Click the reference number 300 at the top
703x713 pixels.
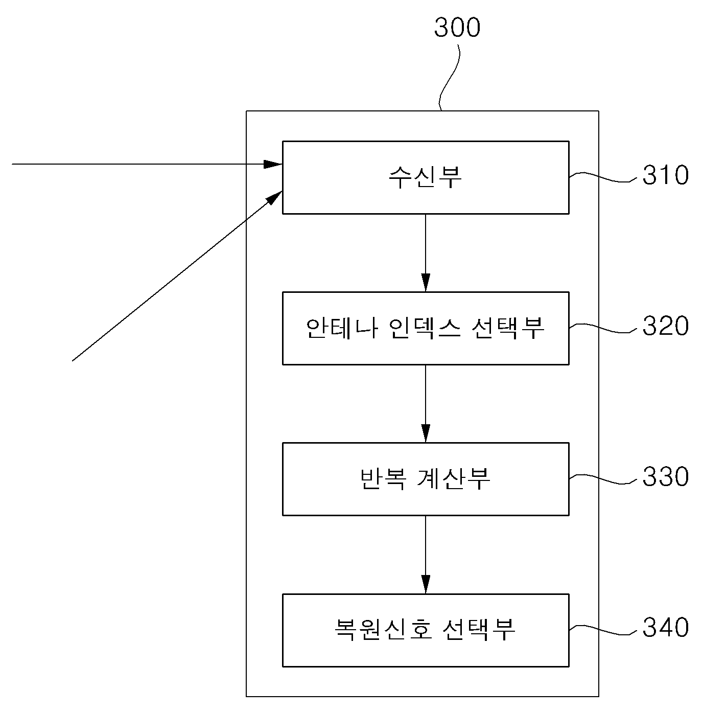coord(457,28)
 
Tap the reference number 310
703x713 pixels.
coord(665,175)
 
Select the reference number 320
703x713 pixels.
coord(665,326)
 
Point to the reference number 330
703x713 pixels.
coord(665,476)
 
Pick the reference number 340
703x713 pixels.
coord(665,627)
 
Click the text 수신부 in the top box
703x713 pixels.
coord(426,177)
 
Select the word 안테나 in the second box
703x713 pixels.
coord(342,328)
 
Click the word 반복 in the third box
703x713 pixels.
coord(383,479)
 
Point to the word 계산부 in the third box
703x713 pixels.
coord(454,479)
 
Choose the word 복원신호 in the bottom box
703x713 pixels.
coord(383,630)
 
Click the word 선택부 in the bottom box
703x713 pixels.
coord(479,630)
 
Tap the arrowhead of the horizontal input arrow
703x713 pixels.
coord(273,164)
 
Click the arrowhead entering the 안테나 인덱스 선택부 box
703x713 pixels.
coord(426,283)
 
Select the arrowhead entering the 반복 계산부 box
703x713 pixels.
coord(426,433)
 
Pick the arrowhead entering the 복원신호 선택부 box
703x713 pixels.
coord(426,584)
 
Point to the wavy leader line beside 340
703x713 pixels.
coord(603,630)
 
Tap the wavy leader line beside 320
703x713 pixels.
coord(603,328)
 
